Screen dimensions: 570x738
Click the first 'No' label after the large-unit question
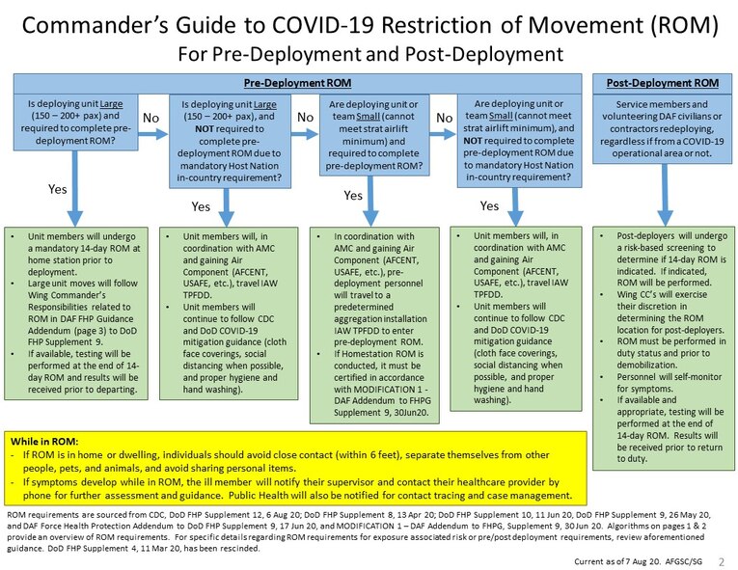150,117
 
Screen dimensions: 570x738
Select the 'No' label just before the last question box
445,117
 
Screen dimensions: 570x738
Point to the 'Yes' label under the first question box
59,189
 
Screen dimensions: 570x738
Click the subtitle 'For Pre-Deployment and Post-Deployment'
369,50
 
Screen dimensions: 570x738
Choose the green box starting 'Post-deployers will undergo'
662,347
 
